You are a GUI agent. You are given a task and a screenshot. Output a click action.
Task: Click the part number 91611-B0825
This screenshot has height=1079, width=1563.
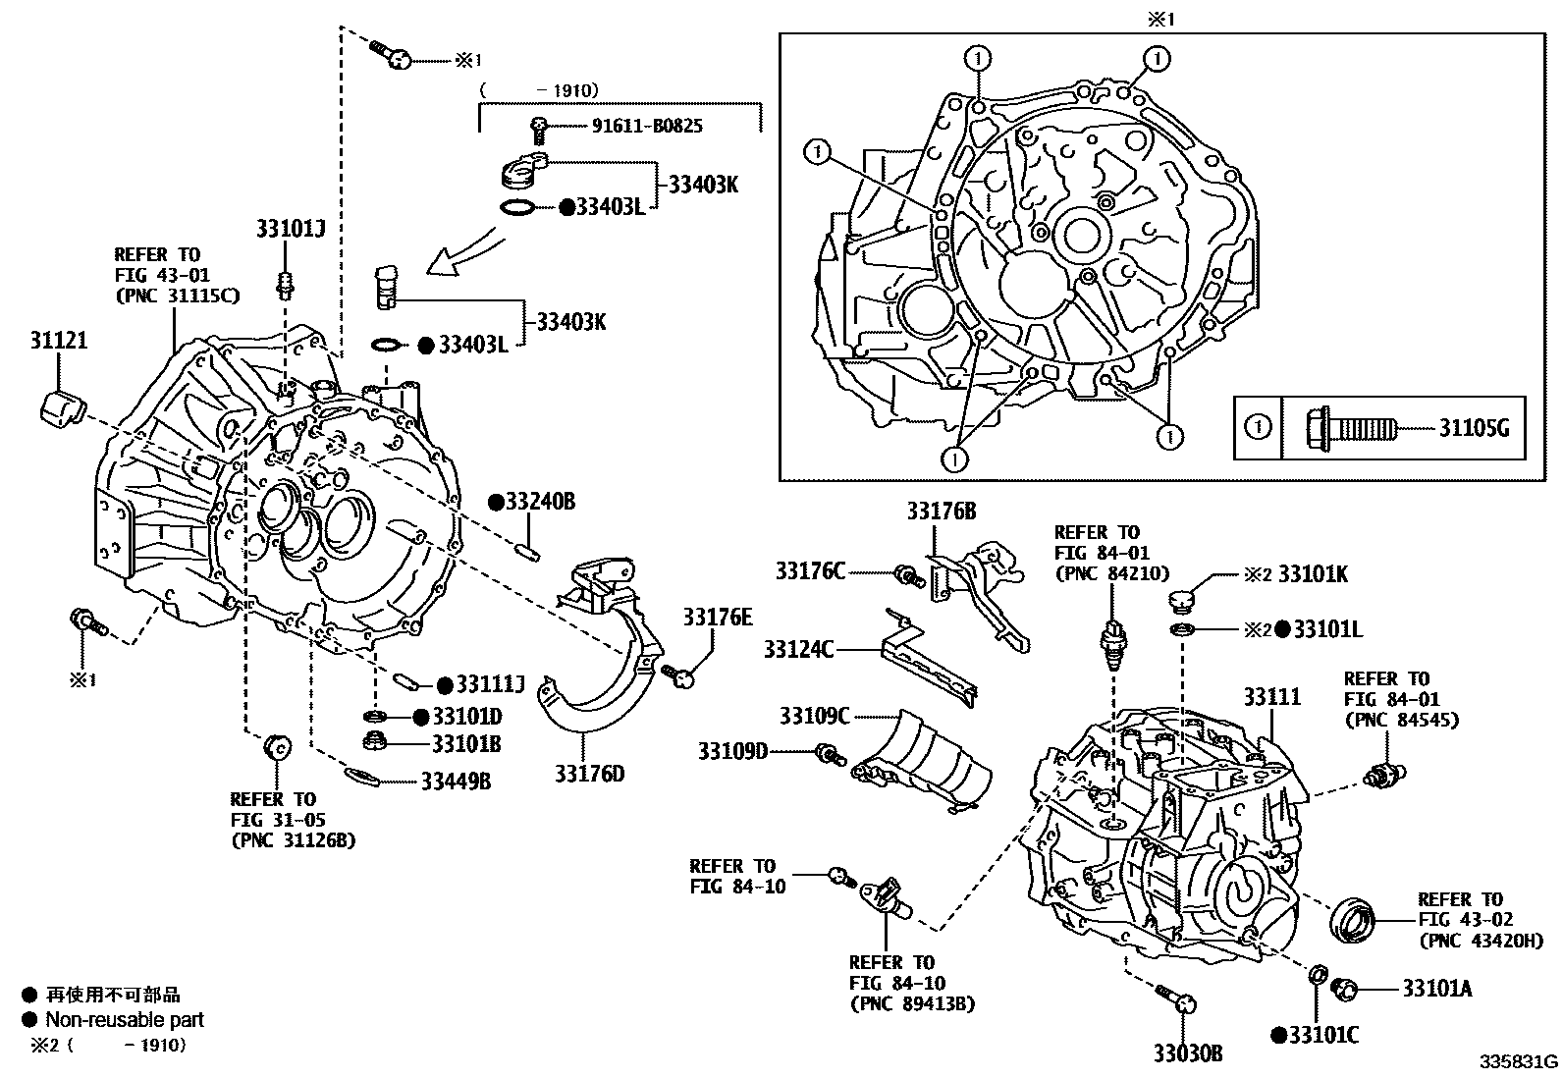pyautogui.click(x=647, y=126)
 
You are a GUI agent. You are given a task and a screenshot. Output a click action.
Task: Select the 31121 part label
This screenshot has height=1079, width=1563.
pyautogui.click(x=58, y=342)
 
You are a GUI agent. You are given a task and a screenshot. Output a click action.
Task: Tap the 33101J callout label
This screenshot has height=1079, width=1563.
pyautogui.click(x=290, y=229)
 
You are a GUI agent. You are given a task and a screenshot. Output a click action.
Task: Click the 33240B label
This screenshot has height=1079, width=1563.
pyautogui.click(x=539, y=502)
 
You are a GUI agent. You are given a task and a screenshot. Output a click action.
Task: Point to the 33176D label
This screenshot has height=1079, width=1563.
pyautogui.click(x=589, y=774)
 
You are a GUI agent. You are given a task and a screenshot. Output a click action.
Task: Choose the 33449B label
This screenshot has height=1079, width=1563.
pyautogui.click(x=456, y=782)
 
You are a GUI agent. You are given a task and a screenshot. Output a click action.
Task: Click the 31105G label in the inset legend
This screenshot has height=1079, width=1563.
pyautogui.click(x=1474, y=428)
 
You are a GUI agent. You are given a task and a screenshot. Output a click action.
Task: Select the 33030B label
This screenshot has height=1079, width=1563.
pyautogui.click(x=1188, y=1053)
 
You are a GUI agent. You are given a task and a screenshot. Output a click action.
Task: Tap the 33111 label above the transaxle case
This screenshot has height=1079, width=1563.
pyautogui.click(x=1271, y=697)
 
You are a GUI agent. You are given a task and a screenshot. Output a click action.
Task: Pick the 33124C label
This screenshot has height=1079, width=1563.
pyautogui.click(x=799, y=648)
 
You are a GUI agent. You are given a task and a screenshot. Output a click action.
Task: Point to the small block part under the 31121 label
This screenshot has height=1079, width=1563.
pyautogui.click(x=60, y=405)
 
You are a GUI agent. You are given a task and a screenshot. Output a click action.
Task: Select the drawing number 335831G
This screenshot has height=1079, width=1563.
pyautogui.click(x=1519, y=1061)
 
